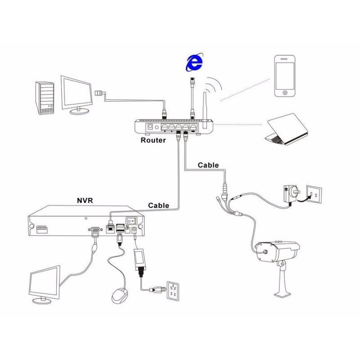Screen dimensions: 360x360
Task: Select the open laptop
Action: point(288,129)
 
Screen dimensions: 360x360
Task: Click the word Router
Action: point(153,140)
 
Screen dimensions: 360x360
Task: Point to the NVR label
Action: point(85,200)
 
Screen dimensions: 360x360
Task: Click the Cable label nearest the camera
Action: point(208,165)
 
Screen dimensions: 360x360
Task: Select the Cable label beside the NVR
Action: point(159,205)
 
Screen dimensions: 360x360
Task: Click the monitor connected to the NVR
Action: point(45,285)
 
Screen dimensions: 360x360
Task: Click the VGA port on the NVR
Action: point(95,230)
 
